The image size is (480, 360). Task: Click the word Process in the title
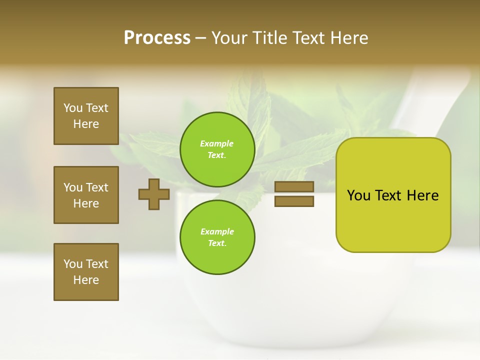click(x=157, y=38)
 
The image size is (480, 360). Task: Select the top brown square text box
click(x=86, y=116)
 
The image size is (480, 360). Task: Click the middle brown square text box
click(x=86, y=195)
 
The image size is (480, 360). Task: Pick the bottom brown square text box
click(x=86, y=272)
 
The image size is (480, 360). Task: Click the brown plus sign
click(x=154, y=194)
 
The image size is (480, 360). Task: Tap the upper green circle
click(x=217, y=149)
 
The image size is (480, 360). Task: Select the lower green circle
click(x=217, y=237)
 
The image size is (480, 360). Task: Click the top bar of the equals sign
click(x=294, y=186)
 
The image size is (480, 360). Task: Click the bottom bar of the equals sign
click(x=294, y=201)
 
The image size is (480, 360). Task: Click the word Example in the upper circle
click(x=217, y=143)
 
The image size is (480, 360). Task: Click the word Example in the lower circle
click(x=217, y=231)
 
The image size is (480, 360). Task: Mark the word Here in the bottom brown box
click(x=86, y=280)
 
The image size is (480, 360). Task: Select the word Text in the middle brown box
click(x=97, y=187)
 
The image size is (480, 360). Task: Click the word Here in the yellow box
click(x=422, y=195)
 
